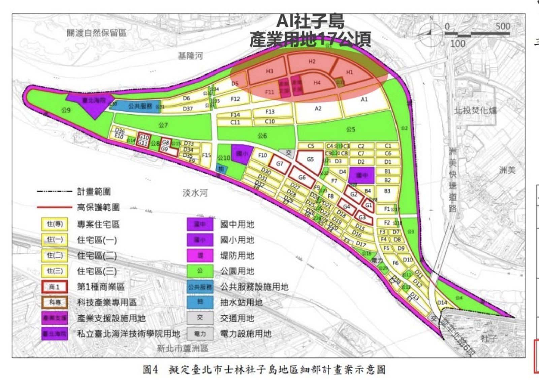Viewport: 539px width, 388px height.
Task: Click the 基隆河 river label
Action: click(190, 56)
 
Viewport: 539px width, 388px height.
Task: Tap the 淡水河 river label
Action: click(195, 193)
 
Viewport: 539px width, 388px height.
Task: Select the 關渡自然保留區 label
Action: click(96, 33)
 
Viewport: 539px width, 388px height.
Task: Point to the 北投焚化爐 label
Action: click(475, 110)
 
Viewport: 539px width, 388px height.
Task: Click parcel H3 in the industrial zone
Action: click(269, 71)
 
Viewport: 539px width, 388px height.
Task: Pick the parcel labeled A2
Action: click(318, 109)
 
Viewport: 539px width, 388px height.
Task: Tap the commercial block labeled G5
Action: click(310, 159)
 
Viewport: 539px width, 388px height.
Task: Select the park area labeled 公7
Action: click(163, 125)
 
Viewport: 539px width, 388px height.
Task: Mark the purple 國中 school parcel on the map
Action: click(361, 175)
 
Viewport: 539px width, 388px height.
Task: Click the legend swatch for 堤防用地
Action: click(200, 256)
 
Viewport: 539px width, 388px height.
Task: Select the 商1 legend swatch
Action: click(55, 287)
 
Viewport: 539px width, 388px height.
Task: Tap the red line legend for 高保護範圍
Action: click(54, 207)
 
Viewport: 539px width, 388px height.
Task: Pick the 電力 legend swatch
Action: click(200, 334)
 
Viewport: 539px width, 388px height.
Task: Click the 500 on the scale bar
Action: click(502, 26)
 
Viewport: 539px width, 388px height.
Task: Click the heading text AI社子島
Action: click(310, 21)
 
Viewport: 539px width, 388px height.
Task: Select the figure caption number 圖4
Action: click(150, 370)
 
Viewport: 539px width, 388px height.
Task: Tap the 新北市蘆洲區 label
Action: click(182, 348)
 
